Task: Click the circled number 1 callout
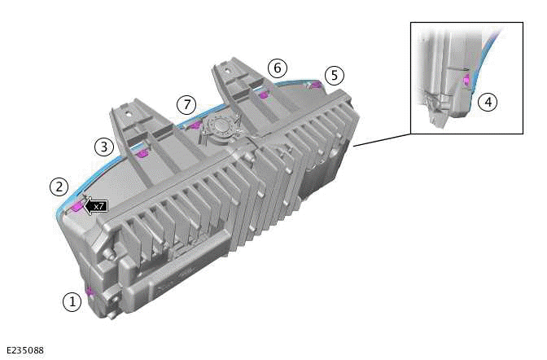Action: pyautogui.click(x=72, y=301)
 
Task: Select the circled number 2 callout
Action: pyautogui.click(x=59, y=187)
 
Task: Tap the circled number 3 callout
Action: pyautogui.click(x=104, y=147)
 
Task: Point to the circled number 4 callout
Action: pyautogui.click(x=488, y=103)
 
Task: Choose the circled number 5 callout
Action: pyautogui.click(x=335, y=76)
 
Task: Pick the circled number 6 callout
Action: pyautogui.click(x=278, y=68)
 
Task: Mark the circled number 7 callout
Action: pyautogui.click(x=186, y=104)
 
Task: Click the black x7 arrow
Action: pyautogui.click(x=95, y=206)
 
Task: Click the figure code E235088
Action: pyautogui.click(x=25, y=350)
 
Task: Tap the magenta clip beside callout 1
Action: pyautogui.click(x=90, y=291)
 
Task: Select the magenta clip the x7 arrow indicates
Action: pyautogui.click(x=77, y=208)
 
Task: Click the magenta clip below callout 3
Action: pyautogui.click(x=142, y=154)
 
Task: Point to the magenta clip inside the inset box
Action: pyautogui.click(x=466, y=81)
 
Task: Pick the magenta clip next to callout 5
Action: pyautogui.click(x=316, y=85)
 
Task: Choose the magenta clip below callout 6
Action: pyautogui.click(x=264, y=94)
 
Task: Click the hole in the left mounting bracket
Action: pyautogui.click(x=128, y=113)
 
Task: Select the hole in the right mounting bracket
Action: pyautogui.click(x=227, y=70)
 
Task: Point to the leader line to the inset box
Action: pyautogui.click(x=383, y=140)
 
